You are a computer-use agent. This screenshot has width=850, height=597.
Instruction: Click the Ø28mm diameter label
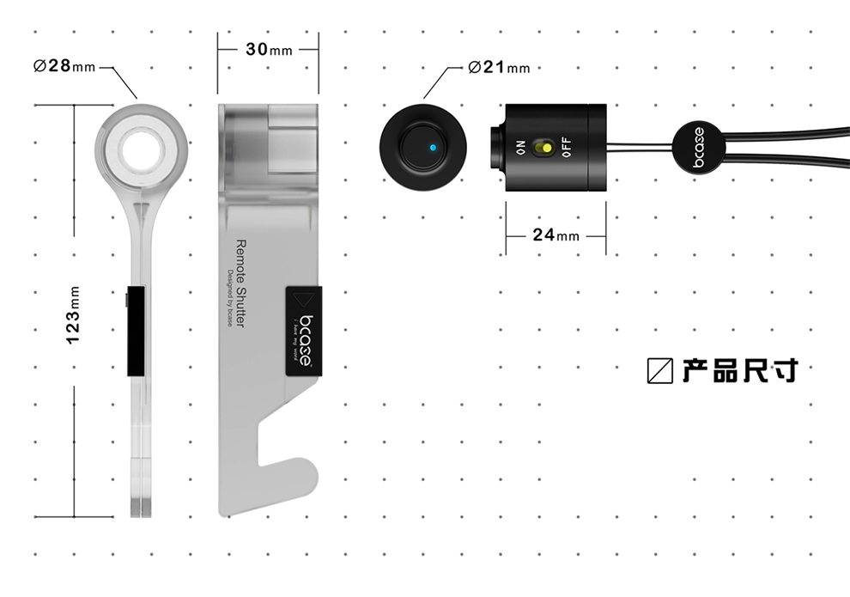[x=64, y=66]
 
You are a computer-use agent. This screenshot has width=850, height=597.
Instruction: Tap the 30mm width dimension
[x=268, y=49]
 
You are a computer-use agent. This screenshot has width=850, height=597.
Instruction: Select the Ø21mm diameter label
[x=498, y=67]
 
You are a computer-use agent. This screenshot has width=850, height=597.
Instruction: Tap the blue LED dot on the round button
[x=433, y=148]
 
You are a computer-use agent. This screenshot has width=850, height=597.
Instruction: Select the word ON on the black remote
[x=520, y=148]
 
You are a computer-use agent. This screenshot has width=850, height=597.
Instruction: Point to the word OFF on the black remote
[x=565, y=148]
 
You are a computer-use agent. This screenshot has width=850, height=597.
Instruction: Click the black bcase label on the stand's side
[x=302, y=331]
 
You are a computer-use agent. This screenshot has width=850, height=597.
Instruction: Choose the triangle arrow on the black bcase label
[x=302, y=300]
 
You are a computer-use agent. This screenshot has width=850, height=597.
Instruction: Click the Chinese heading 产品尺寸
[x=740, y=370]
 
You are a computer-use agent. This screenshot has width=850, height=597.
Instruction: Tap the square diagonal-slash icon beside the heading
[x=660, y=370]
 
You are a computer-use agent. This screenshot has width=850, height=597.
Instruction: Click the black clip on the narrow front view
[x=136, y=331]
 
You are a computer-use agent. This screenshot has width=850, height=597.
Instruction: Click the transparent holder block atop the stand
[x=268, y=146]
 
